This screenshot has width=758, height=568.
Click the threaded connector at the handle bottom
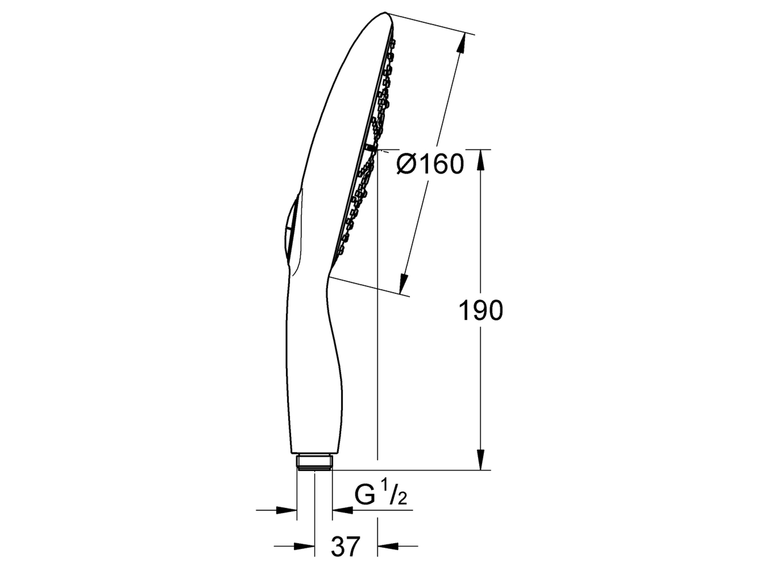[x=314, y=462]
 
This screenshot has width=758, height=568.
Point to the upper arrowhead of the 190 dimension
[x=480, y=159]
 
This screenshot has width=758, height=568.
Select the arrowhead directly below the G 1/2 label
[x=343, y=520]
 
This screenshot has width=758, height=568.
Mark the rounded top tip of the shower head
[x=386, y=15]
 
